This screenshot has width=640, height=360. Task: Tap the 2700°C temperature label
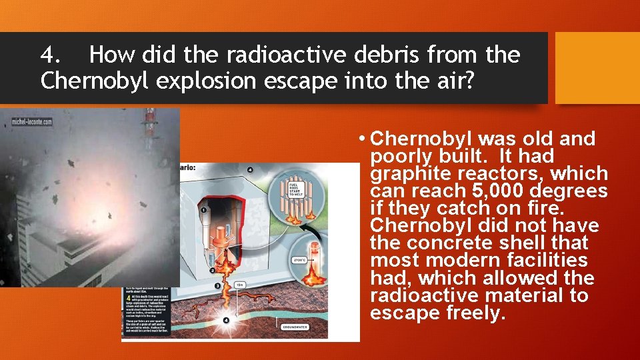[x=298, y=261]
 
